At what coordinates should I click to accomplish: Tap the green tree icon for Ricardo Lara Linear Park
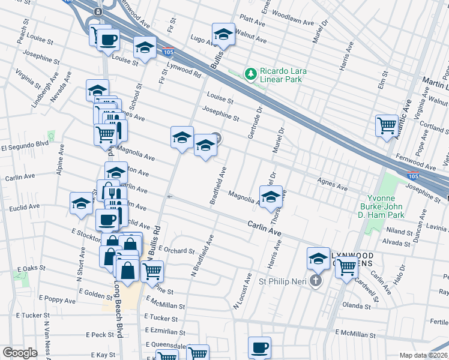(x=251, y=74)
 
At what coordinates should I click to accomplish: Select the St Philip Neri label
(x=284, y=281)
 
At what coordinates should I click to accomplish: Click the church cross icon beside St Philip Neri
(x=316, y=281)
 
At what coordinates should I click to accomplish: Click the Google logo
(x=20, y=353)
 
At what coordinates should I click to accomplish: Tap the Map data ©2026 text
(x=424, y=355)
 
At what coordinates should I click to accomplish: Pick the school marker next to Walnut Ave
(x=223, y=34)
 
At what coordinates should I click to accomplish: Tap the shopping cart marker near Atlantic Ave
(x=387, y=125)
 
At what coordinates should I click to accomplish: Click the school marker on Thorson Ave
(x=271, y=196)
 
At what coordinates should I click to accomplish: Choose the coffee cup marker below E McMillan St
(x=259, y=347)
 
